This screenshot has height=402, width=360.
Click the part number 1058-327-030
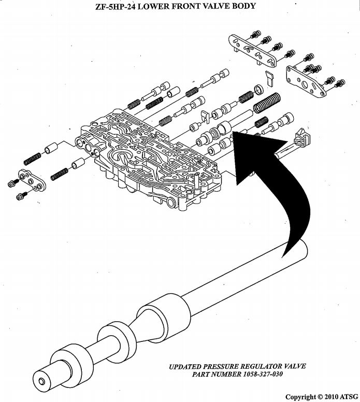(x=257, y=374)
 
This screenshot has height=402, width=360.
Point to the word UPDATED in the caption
(x=188, y=366)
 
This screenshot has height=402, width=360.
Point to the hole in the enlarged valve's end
(x=41, y=381)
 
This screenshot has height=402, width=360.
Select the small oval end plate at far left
(x=30, y=180)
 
